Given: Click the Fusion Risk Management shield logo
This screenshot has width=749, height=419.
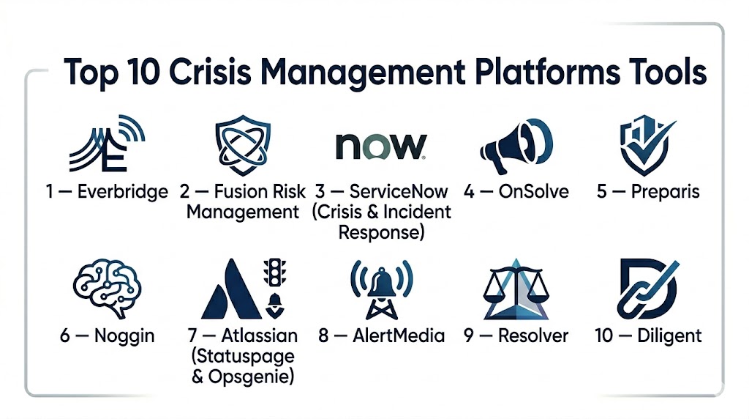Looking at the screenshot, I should click(x=242, y=144).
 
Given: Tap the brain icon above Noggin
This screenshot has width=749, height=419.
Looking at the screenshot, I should click(x=108, y=288).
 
